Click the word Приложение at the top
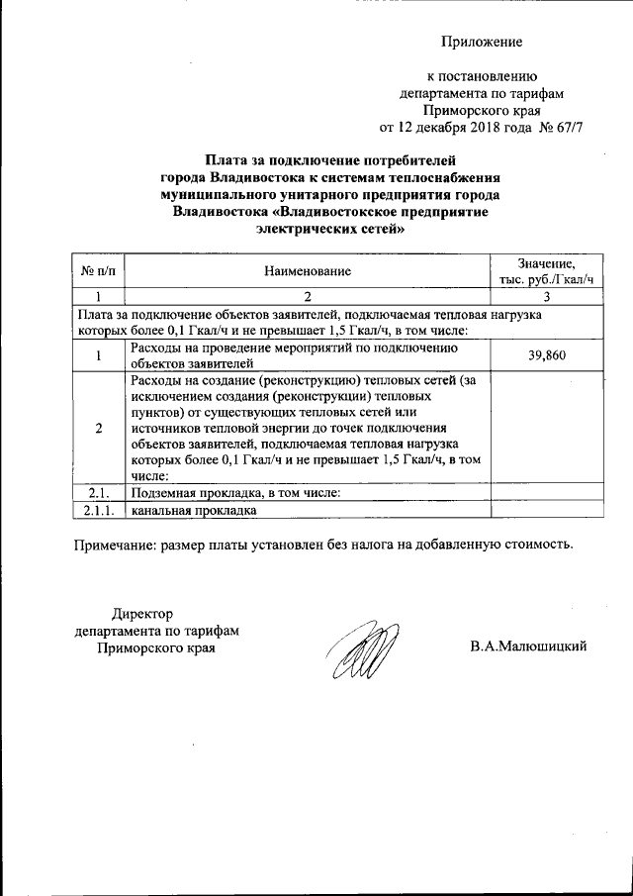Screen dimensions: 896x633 pos(481,42)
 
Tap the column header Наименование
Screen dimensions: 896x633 pos(308,270)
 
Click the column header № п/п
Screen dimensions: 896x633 pos(98,270)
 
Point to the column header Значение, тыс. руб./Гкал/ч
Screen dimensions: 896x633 pos(546,270)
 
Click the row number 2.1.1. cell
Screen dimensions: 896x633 pos(98,510)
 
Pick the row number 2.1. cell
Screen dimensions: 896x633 pos(98,492)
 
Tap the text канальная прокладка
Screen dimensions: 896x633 pos(194,510)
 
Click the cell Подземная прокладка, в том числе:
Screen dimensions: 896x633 pos(235,492)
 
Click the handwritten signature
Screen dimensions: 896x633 pos(364,649)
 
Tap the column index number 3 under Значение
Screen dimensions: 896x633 pos(546,296)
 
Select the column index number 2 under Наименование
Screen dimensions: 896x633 pos(308,296)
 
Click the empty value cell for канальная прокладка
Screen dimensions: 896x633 pos(546,510)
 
